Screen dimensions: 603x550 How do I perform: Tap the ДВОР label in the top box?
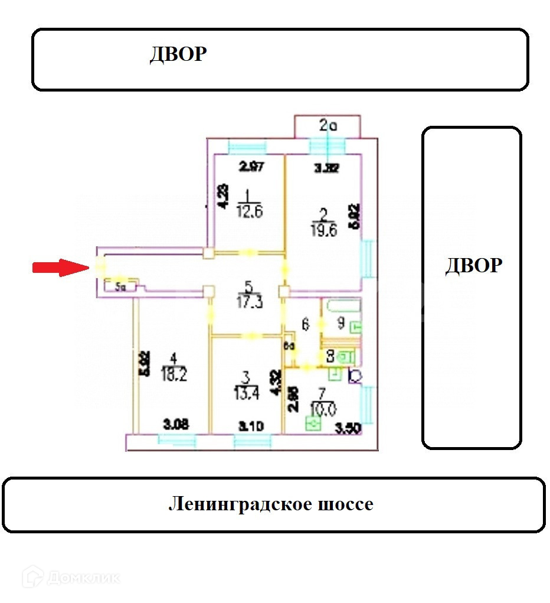[178, 54]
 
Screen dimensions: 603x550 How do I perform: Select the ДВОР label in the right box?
[473, 266]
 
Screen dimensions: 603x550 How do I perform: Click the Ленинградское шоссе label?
[271, 504]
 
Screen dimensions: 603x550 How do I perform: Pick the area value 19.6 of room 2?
[322, 231]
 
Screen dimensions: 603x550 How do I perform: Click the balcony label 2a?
[328, 125]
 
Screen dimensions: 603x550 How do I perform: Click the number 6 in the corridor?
[305, 324]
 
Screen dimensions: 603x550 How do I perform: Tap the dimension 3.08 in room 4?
[176, 423]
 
